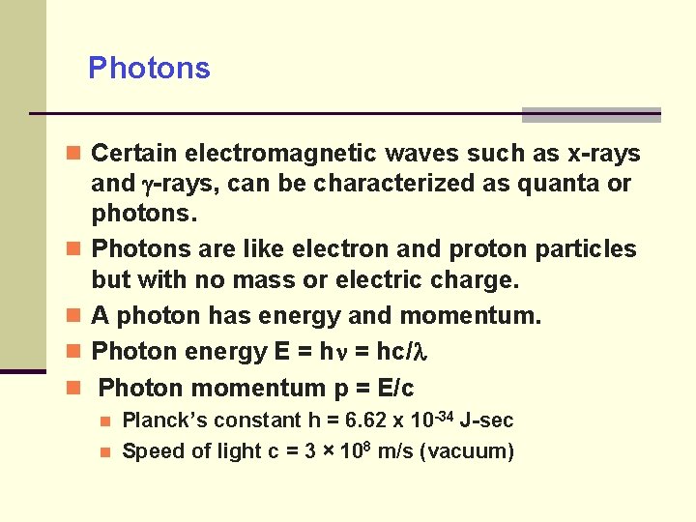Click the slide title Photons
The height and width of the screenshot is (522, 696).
149,69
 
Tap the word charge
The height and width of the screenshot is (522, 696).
478,280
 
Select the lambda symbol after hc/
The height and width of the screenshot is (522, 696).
420,352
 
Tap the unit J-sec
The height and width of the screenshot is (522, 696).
487,420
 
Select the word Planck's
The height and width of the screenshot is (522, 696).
164,420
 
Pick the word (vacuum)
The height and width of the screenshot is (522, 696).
469,451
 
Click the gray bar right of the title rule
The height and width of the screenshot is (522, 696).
591,115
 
